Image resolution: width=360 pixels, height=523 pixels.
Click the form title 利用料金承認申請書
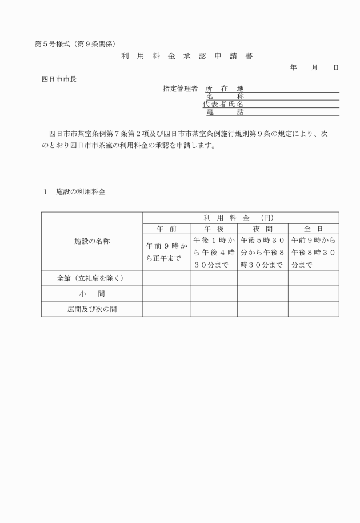point(186,56)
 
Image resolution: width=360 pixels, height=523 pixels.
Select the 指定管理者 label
point(180,89)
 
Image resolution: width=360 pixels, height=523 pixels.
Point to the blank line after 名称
point(291,97)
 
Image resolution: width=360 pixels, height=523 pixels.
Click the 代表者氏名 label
point(223,105)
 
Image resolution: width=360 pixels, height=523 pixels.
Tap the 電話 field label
point(224,112)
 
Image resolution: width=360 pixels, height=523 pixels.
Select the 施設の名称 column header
point(92,241)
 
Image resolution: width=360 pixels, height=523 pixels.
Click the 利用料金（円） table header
point(240,218)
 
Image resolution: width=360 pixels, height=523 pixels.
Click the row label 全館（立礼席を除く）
point(92,278)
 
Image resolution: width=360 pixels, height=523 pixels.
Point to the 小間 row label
point(92,294)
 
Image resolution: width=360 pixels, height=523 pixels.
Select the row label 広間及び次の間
point(92,309)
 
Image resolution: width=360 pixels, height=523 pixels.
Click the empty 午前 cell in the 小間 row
point(166,294)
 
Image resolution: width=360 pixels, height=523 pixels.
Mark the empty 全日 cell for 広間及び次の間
point(313,309)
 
